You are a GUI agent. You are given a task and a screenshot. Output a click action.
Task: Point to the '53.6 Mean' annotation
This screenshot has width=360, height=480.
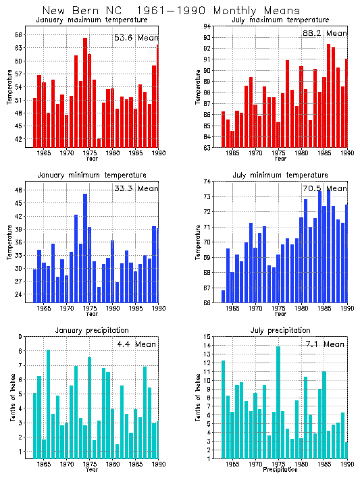coord(135,38)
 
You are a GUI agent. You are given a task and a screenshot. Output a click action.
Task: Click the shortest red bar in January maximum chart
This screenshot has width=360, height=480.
coord(99,142)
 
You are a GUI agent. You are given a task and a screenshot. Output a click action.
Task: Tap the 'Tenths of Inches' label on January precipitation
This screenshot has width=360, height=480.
coord(11,398)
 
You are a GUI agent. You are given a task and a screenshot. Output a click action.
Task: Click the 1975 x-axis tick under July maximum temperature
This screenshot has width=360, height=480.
coord(278,153)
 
